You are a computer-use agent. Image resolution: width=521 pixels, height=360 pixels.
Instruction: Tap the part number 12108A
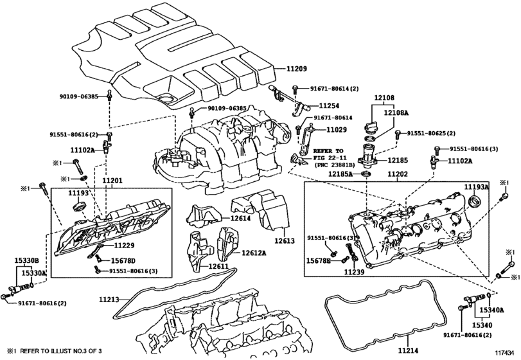tap(396, 112)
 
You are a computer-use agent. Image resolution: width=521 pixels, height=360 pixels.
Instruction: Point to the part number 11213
tap(109, 299)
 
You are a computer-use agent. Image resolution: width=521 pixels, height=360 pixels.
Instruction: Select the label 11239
tap(353, 272)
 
